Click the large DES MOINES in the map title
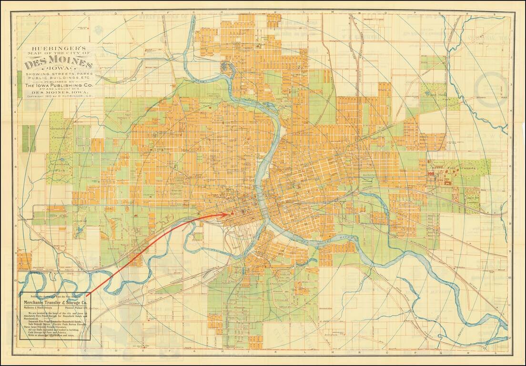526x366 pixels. point(59,64)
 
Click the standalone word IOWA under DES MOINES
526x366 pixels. point(59,71)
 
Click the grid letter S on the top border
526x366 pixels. point(495,15)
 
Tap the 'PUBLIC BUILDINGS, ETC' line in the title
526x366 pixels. point(59,80)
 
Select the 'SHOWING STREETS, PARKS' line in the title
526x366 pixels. point(59,75)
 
